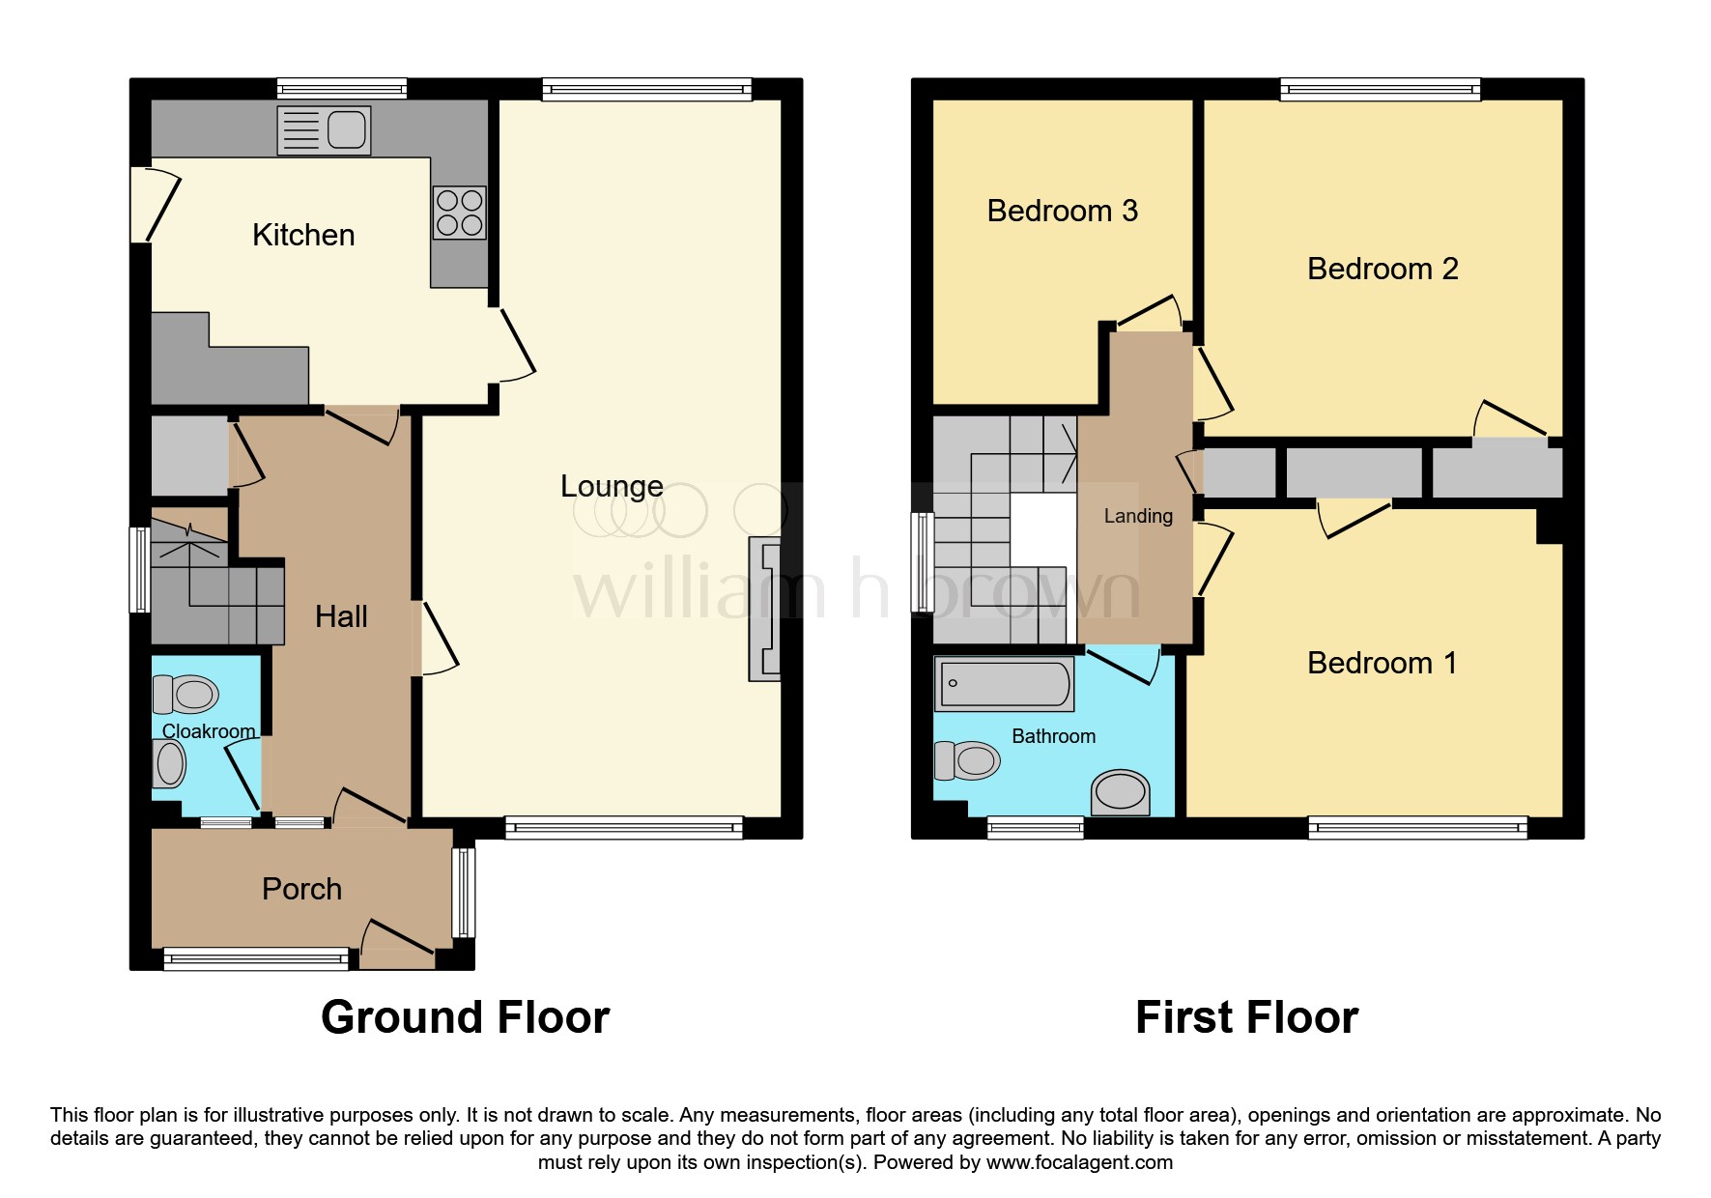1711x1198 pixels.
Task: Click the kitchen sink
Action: click(324, 130)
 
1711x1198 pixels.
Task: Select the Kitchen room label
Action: click(303, 235)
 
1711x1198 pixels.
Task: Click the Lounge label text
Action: click(612, 486)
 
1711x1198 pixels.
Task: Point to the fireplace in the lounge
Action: click(765, 610)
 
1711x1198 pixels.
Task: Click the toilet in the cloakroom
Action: click(186, 694)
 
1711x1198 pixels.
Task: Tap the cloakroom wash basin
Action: click(170, 765)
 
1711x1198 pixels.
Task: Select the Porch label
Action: click(301, 889)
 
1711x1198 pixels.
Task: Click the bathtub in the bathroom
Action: click(1005, 684)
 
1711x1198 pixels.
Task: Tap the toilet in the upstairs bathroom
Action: click(968, 761)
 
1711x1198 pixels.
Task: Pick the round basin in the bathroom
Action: click(1121, 792)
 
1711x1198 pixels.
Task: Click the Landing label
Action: click(1138, 516)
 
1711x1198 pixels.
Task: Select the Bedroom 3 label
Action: click(1062, 211)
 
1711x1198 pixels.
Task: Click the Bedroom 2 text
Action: click(1382, 269)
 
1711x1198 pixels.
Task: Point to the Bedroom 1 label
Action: click(1382, 663)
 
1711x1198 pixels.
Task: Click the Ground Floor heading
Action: click(465, 1017)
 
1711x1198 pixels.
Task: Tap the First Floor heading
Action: click(1246, 1017)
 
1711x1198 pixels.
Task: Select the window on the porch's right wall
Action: click(465, 893)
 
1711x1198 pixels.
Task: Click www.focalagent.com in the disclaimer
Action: click(1079, 1162)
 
